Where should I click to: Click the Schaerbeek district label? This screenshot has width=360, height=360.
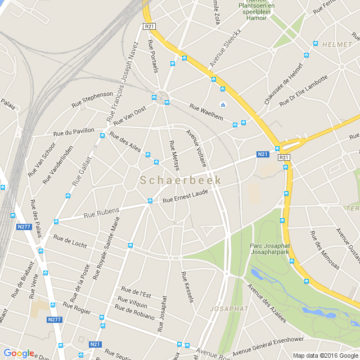[x=181, y=181]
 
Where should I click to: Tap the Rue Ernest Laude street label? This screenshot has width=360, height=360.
[x=185, y=196]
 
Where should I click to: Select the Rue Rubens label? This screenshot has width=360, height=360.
[x=102, y=213]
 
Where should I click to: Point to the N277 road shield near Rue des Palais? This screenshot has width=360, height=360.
[x=24, y=227]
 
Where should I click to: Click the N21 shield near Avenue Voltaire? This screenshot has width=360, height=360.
[x=263, y=154]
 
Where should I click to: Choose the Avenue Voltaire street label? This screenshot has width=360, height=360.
[x=196, y=148]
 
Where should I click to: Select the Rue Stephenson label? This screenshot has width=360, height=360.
[x=92, y=100]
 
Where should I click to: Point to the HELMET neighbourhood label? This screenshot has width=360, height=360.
[x=337, y=44]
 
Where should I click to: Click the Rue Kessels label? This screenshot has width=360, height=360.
[x=187, y=286]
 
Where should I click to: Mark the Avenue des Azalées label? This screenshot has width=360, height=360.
[x=267, y=303]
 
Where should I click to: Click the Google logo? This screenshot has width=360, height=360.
[x=19, y=353]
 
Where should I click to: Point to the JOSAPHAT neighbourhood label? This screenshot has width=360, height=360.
[x=229, y=309]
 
